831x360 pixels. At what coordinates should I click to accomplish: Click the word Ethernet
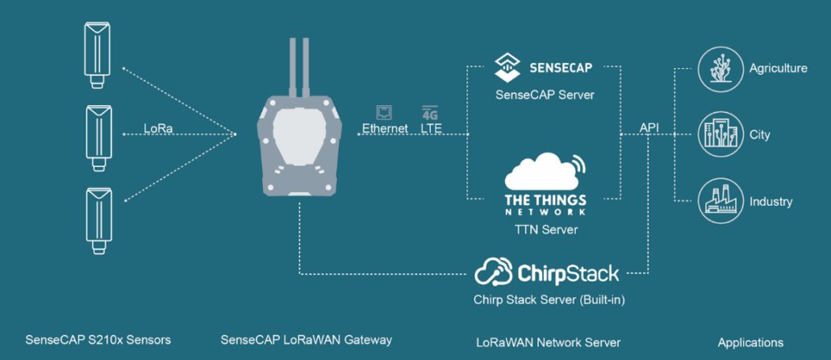pos(385,128)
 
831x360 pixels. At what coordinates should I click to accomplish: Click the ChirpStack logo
pos(547,273)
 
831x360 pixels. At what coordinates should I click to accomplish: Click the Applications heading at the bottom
pos(750,342)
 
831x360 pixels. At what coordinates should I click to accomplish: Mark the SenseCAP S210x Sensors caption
pos(98,340)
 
